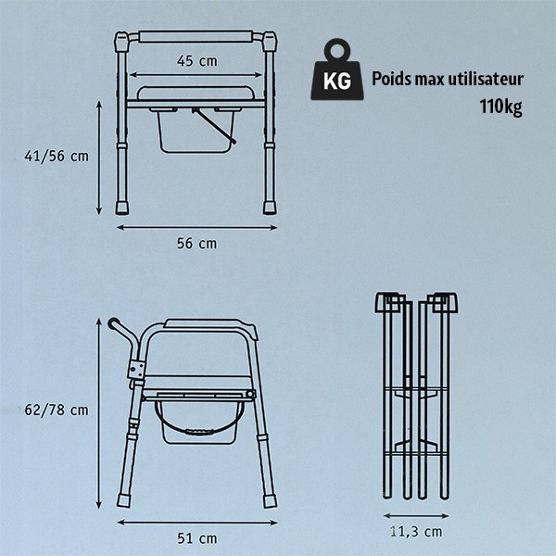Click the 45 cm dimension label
(x=197, y=61)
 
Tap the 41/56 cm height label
(x=57, y=156)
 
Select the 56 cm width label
(x=196, y=244)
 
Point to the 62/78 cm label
(x=56, y=410)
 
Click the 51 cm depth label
(x=197, y=538)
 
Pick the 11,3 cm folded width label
(x=416, y=532)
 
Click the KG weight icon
(x=337, y=69)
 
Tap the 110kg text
(x=500, y=107)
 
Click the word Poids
(x=391, y=79)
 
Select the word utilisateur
(x=486, y=79)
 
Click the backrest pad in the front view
(x=196, y=36)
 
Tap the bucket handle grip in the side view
(x=198, y=432)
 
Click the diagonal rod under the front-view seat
(x=214, y=125)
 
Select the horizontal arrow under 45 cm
(x=196, y=75)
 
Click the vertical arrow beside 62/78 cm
(x=99, y=413)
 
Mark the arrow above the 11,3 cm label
(x=416, y=516)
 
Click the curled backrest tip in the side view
(x=113, y=323)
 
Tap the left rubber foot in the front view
(x=122, y=208)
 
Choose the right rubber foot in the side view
(x=270, y=501)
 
